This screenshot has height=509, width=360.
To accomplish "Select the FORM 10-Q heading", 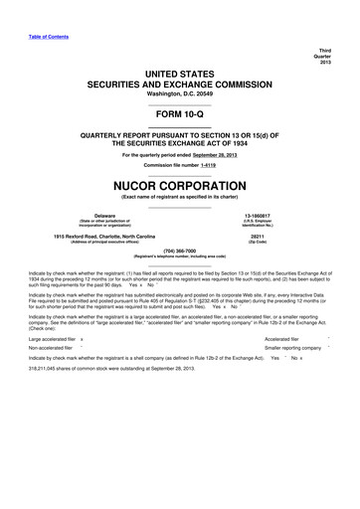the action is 179,111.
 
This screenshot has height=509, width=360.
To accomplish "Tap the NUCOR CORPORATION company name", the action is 179,185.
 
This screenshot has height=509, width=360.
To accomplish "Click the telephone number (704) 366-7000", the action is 179,251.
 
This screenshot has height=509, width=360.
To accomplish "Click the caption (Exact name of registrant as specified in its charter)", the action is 179,197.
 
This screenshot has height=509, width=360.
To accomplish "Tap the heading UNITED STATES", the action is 179,73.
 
